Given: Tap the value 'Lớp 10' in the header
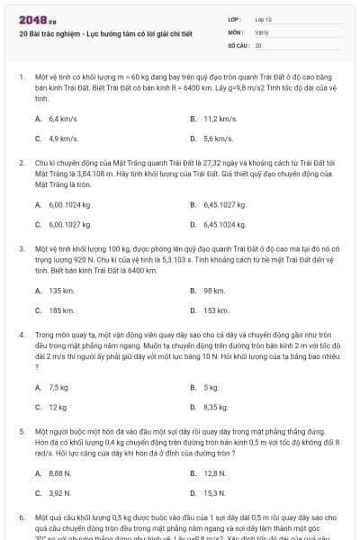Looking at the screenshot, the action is (264, 18).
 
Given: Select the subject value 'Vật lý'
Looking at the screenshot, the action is (261, 31).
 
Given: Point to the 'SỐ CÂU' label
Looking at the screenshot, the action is (238, 44).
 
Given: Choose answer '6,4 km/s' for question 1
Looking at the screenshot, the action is (63, 119).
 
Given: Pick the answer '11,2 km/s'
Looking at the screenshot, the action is (220, 119).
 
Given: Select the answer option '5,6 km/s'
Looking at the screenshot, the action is (218, 139).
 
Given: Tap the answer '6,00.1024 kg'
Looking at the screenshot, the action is (69, 204).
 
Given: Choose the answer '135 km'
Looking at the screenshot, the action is (61, 291).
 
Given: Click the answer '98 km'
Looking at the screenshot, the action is (214, 291).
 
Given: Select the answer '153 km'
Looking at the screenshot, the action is (216, 310).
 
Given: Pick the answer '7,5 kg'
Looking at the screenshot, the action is (58, 387).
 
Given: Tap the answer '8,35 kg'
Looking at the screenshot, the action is (216, 407).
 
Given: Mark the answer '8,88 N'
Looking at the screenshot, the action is (60, 472).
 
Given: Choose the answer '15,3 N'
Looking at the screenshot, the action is (214, 492).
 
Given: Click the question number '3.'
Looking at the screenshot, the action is (22, 247).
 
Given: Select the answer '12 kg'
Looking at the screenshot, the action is (58, 407).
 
